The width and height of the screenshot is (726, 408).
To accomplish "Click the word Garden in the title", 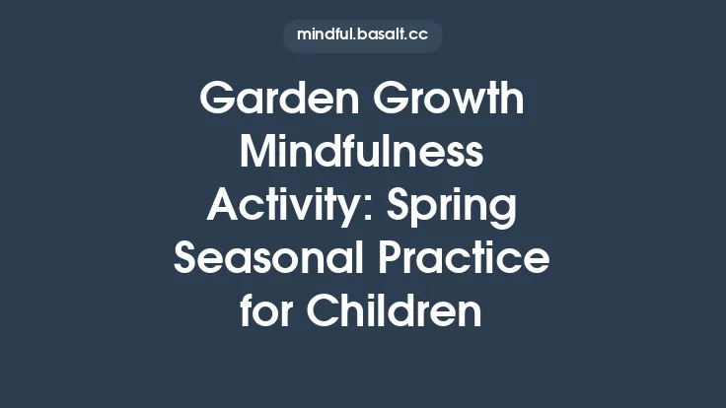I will click(x=266, y=101).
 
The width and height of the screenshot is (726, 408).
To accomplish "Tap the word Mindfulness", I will click(x=363, y=154).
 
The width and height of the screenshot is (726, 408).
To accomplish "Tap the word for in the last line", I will click(x=266, y=313).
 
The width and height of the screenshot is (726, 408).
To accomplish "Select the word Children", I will click(x=395, y=313).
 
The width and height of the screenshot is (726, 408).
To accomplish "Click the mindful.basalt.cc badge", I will click(x=363, y=35).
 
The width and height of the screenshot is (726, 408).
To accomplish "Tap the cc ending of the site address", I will click(x=417, y=36).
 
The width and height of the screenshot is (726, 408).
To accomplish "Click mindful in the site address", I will click(x=325, y=35).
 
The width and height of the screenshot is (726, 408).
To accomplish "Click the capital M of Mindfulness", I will click(x=257, y=154).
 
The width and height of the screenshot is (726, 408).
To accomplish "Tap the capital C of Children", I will click(x=322, y=313).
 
